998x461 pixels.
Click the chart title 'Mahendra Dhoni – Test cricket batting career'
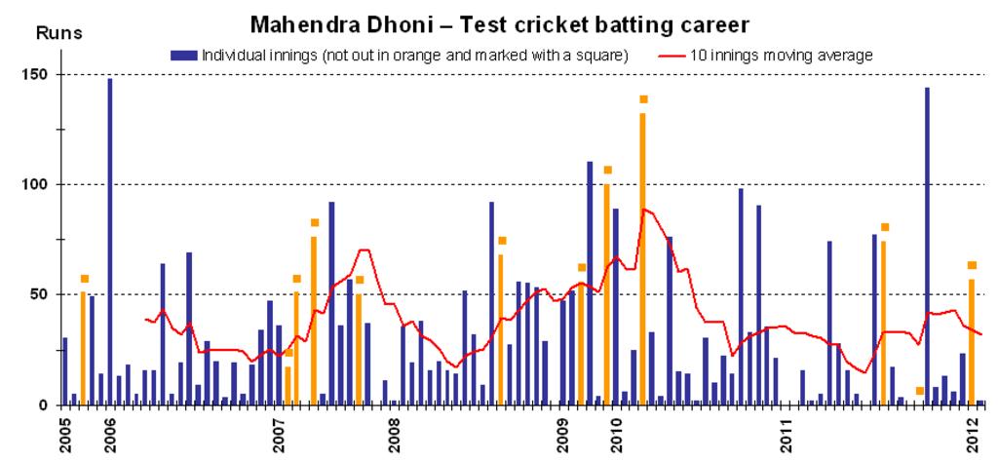pyautogui.click(x=507, y=21)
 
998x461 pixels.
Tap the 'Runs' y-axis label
pyautogui.click(x=59, y=32)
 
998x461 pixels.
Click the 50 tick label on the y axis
pyautogui.click(x=40, y=294)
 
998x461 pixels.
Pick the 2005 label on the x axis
pyautogui.click(x=66, y=434)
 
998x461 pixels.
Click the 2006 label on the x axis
pyautogui.click(x=110, y=434)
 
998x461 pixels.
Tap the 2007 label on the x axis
pyautogui.click(x=279, y=434)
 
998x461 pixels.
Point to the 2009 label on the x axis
pyautogui.click(x=563, y=434)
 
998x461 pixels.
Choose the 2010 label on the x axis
pyautogui.click(x=616, y=434)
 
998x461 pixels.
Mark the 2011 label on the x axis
pyautogui.click(x=786, y=434)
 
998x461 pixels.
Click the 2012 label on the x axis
pyautogui.click(x=973, y=434)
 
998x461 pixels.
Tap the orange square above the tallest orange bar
pyautogui.click(x=643, y=99)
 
